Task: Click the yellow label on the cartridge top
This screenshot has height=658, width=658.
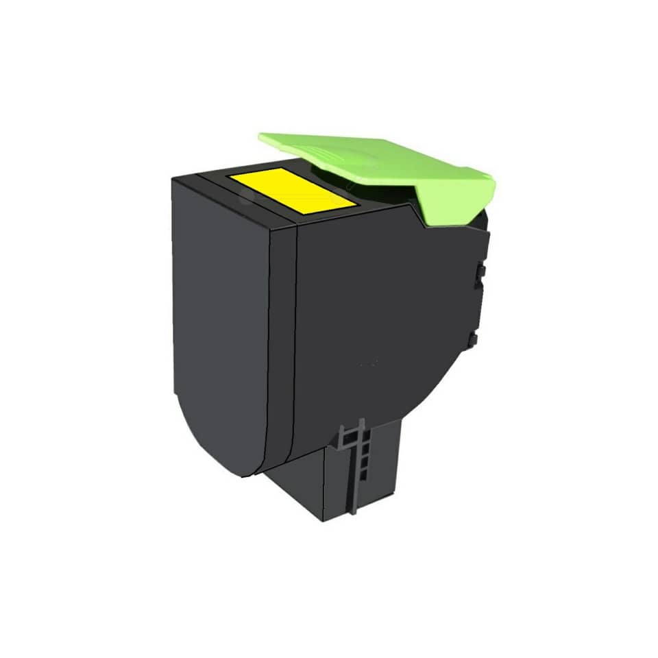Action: [293, 188]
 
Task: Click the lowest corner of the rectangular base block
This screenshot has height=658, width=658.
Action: [323, 520]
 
